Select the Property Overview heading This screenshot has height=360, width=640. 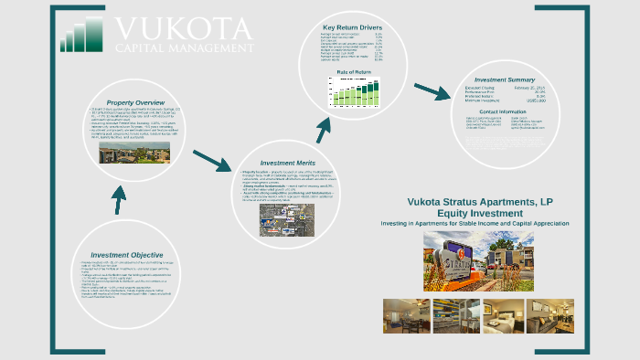[x=135, y=101]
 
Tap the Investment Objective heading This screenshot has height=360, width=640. [x=127, y=255]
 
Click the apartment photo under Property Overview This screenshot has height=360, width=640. [x=133, y=152]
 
